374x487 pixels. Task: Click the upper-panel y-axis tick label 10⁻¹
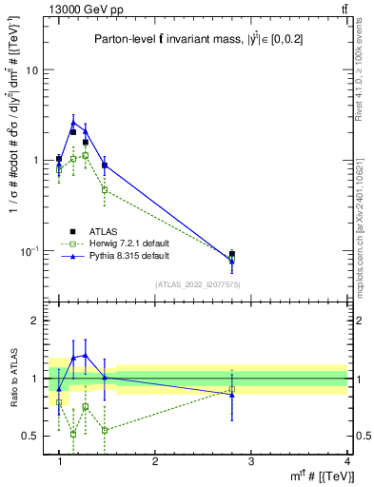pyautogui.click(x=31, y=250)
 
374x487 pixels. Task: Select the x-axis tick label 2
pyautogui.click(x=155, y=462)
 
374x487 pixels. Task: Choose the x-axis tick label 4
pyautogui.click(x=346, y=462)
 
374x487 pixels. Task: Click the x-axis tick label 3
pyautogui.click(x=250, y=462)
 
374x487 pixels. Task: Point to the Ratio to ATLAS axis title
pyautogui.click(x=13, y=379)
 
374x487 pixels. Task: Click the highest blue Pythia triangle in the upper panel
pyautogui.click(x=73, y=122)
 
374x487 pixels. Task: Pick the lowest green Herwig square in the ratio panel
pyautogui.click(x=73, y=434)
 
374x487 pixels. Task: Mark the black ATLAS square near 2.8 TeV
pyautogui.click(x=231, y=254)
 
